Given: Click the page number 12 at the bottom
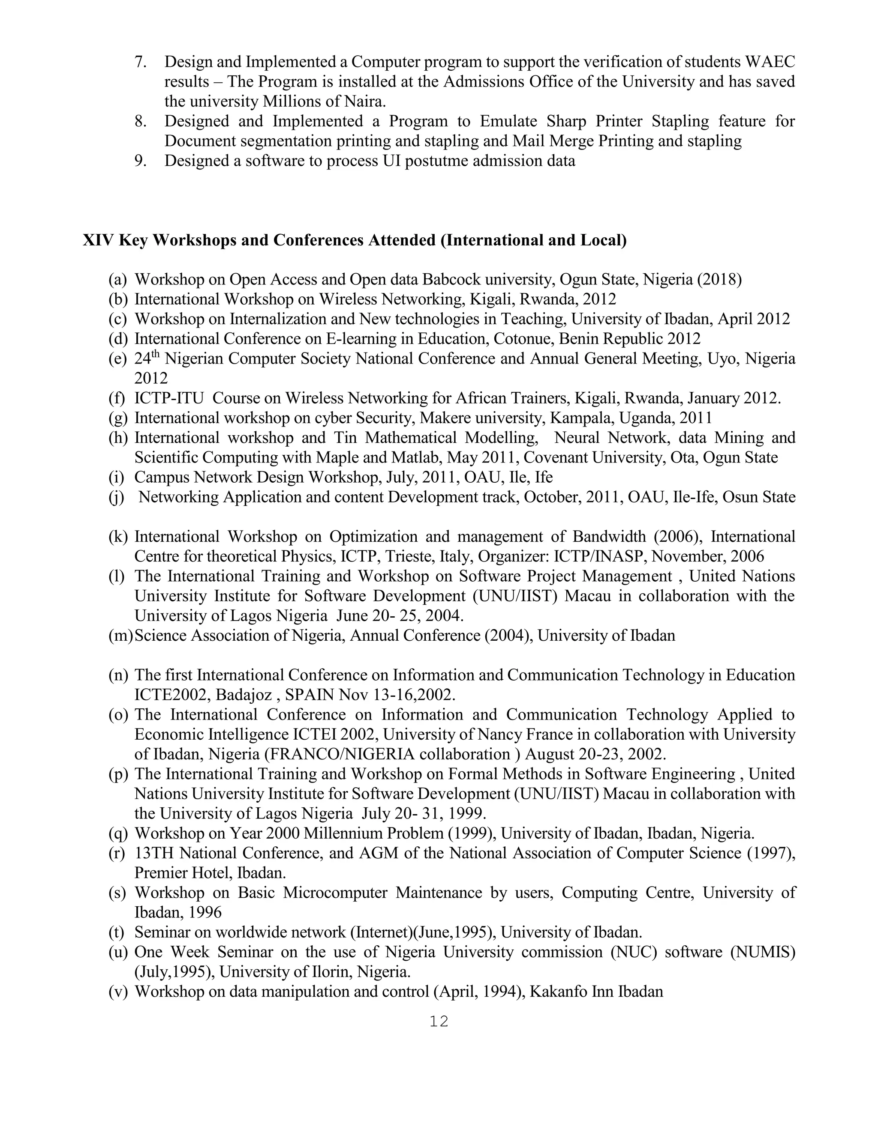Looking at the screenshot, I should (439, 1021).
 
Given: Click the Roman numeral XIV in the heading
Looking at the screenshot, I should (98, 240).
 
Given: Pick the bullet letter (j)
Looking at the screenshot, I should (117, 497).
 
